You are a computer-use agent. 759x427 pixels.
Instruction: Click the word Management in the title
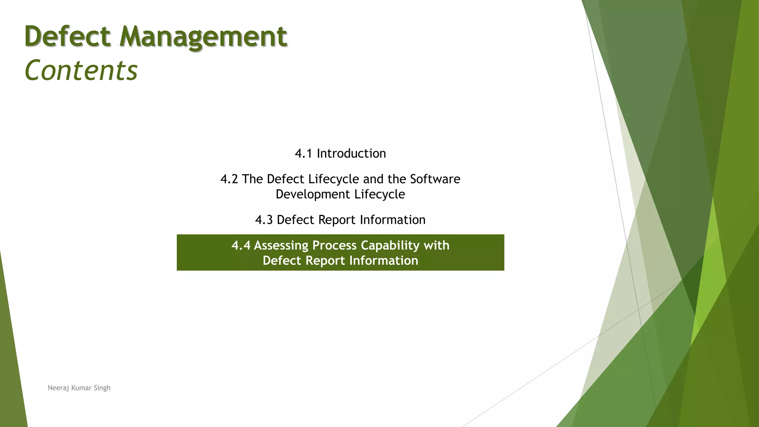point(203,37)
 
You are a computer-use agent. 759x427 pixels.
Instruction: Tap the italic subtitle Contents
point(81,70)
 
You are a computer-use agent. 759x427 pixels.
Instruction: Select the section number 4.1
point(303,153)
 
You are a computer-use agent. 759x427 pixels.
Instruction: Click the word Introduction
point(351,153)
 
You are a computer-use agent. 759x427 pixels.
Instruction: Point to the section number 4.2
point(229,179)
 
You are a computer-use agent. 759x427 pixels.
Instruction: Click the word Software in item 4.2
point(435,179)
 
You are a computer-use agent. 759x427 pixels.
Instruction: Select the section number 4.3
point(264,220)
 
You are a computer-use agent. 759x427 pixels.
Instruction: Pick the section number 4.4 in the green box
point(241,245)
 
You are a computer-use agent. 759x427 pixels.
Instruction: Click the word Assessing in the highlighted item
point(281,245)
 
